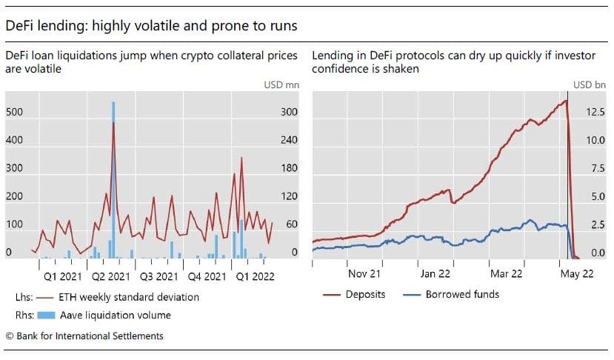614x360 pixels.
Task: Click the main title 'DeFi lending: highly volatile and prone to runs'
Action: (151, 26)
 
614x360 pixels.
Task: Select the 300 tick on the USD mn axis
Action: (289, 112)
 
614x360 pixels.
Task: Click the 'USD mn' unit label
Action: (282, 84)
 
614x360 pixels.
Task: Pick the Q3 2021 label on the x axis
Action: (158, 276)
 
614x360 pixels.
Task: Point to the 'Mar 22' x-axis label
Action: (507, 273)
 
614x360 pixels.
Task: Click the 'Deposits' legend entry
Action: (365, 294)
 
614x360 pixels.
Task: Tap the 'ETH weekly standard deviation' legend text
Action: (130, 297)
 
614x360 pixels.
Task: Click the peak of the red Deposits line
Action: (567, 101)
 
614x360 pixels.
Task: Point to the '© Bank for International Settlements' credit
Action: (84, 336)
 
